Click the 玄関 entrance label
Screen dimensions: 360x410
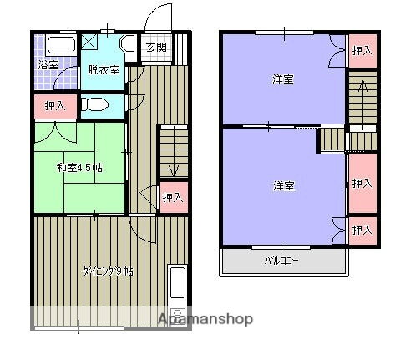(155, 48)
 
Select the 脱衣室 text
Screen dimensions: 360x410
(104, 69)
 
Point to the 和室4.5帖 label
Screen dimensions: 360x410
(79, 168)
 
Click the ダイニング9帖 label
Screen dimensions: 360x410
(108, 271)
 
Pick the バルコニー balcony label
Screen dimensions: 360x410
(282, 260)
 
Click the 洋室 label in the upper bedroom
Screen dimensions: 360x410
(282, 79)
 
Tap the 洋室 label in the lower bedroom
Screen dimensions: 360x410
(283, 185)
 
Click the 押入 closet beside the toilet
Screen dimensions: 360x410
(55, 106)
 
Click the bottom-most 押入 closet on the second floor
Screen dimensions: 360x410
(362, 230)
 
